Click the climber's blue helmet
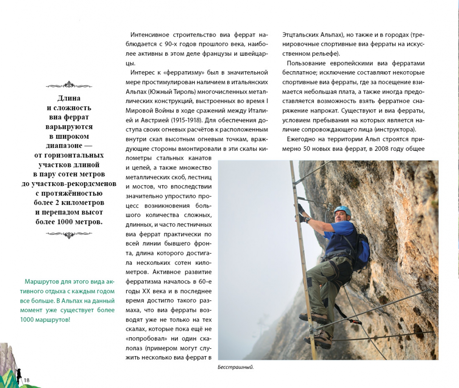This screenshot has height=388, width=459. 343,210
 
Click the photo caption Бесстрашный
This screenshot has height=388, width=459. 235,367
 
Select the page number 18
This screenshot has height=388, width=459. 26,380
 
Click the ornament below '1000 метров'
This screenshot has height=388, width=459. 68,235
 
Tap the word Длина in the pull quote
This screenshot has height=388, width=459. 68,98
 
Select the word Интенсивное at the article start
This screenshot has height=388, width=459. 149,35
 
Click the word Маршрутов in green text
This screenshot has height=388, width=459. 40,282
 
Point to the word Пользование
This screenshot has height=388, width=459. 305,63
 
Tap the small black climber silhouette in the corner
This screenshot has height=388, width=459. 18,373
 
